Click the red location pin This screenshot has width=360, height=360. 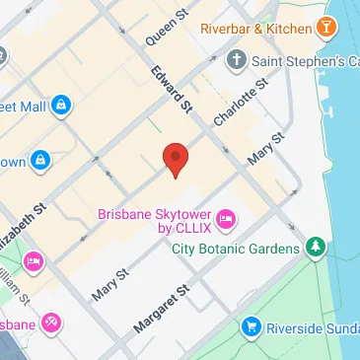point(175,159)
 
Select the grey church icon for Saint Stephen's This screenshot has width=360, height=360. point(235,62)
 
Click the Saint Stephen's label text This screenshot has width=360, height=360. point(306,63)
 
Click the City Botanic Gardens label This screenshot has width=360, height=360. point(238,248)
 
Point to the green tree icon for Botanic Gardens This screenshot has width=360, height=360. point(316,245)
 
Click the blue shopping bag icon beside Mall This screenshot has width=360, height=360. point(60,103)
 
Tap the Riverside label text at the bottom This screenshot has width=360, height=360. point(316,325)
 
